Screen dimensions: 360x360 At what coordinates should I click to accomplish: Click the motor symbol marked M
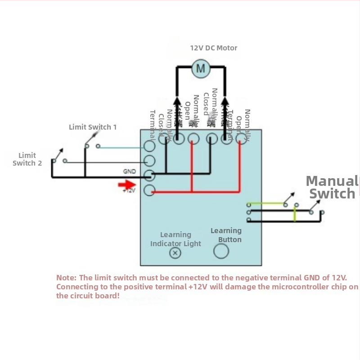pyautogui.click(x=201, y=68)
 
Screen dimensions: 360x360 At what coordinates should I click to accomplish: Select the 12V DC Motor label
pyautogui.click(x=214, y=48)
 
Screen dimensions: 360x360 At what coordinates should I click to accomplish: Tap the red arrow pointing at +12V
pyautogui.click(x=127, y=184)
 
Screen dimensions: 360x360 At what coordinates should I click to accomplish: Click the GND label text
pyautogui.click(x=129, y=171)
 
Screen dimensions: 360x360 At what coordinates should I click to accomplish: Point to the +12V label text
pyautogui.click(x=129, y=191)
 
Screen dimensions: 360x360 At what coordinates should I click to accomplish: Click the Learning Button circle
pyautogui.click(x=221, y=251)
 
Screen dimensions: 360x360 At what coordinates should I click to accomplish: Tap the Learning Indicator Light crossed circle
pyautogui.click(x=175, y=253)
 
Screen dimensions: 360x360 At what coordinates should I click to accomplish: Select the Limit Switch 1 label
pyautogui.click(x=93, y=127)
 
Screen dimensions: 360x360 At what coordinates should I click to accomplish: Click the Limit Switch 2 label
pyautogui.click(x=27, y=159)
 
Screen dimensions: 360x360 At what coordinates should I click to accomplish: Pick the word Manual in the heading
pyautogui.click(x=331, y=181)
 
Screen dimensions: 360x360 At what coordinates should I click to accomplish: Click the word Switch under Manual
pyautogui.click(x=332, y=194)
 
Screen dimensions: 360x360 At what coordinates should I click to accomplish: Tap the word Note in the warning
pyautogui.click(x=66, y=278)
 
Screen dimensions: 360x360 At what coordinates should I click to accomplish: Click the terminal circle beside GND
pyautogui.click(x=149, y=175)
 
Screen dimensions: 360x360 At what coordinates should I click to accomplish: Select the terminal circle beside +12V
pyautogui.click(x=149, y=191)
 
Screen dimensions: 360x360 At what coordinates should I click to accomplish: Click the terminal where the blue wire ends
pyautogui.click(x=149, y=147)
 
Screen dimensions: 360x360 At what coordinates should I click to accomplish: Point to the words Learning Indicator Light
pyautogui.click(x=175, y=239)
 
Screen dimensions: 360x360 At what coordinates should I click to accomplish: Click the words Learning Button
pyautogui.click(x=226, y=235)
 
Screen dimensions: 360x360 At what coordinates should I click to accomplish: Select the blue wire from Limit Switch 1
pyautogui.click(x=121, y=147)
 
